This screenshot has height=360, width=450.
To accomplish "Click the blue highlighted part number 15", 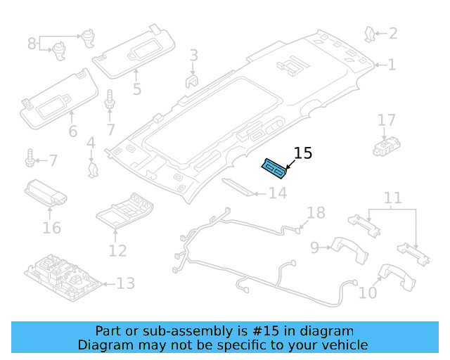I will pyautogui.click(x=274, y=168).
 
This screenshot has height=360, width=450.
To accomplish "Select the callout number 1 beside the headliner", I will pyautogui.click(x=392, y=65).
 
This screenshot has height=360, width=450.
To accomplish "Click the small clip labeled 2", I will pyautogui.click(x=369, y=32).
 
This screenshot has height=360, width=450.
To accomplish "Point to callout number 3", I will pyautogui.click(x=193, y=55).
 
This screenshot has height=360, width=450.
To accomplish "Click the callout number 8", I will pyautogui.click(x=32, y=44).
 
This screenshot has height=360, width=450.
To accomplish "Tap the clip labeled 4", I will pyautogui.click(x=92, y=169).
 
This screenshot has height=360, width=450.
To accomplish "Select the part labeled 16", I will pyautogui.click(x=46, y=192).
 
